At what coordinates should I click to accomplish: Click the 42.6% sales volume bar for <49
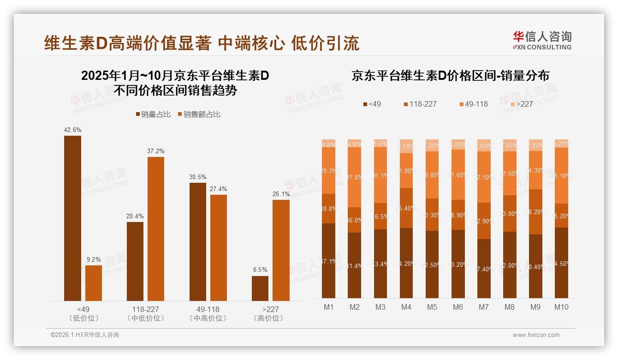(x=72, y=218)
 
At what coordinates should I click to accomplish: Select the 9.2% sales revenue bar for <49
(x=94, y=283)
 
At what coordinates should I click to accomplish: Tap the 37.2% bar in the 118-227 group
(x=156, y=229)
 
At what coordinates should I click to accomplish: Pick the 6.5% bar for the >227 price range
(x=260, y=288)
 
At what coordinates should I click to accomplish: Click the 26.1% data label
(x=281, y=194)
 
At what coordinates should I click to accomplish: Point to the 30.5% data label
(x=198, y=177)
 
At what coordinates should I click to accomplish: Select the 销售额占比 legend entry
(x=198, y=114)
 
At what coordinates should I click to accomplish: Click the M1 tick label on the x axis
(x=329, y=307)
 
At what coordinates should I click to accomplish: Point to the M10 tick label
(x=561, y=307)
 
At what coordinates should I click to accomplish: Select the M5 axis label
(x=432, y=307)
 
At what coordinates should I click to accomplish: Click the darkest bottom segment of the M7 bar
(x=484, y=269)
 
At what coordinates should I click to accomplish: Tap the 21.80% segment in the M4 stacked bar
(x=406, y=171)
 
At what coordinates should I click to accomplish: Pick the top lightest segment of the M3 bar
(x=380, y=144)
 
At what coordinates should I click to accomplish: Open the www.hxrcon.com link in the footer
(x=536, y=335)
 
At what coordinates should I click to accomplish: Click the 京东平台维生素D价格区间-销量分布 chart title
(x=450, y=76)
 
